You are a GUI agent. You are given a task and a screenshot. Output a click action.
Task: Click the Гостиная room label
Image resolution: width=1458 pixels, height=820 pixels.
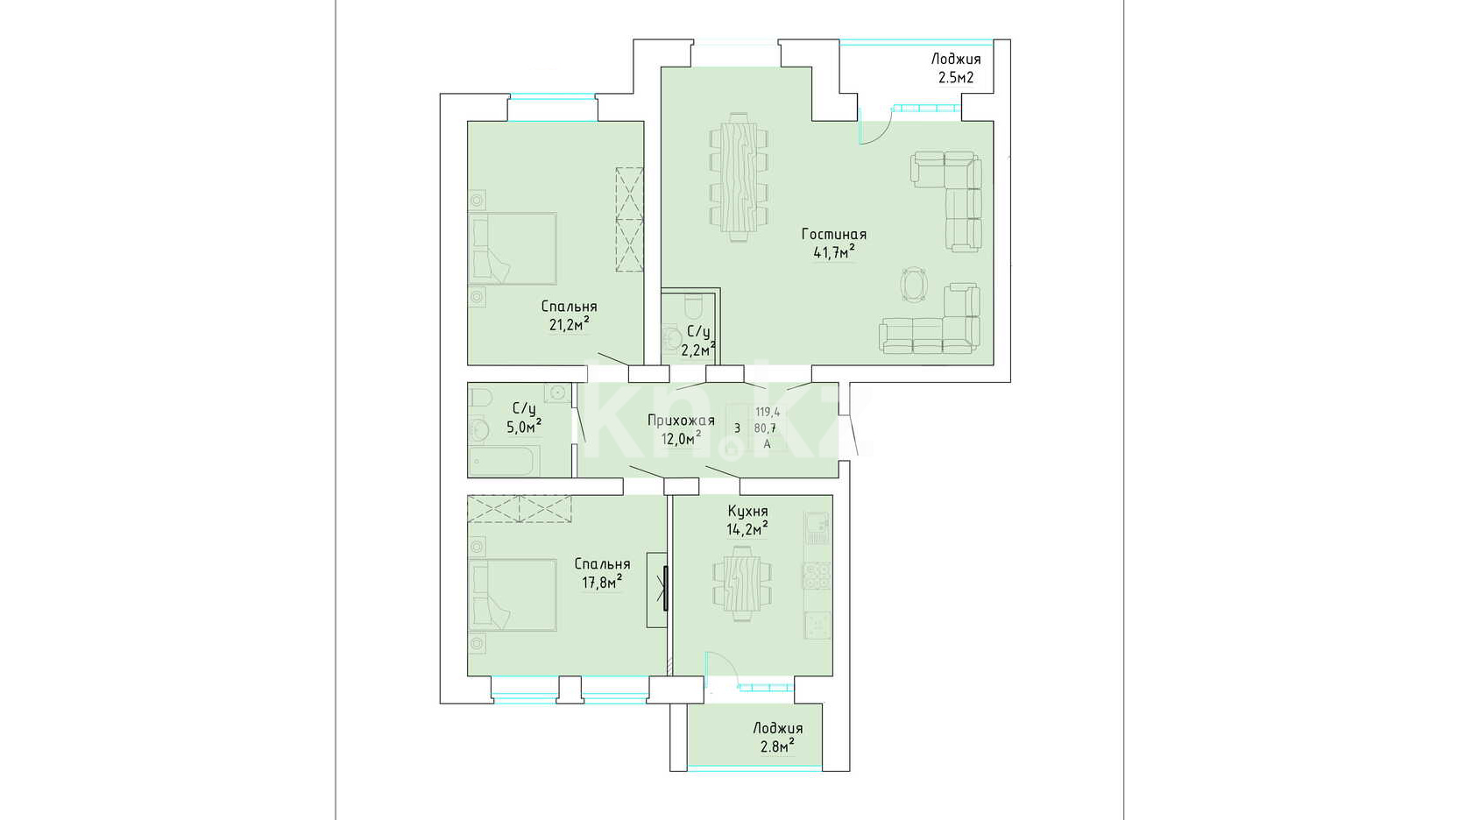[834, 234]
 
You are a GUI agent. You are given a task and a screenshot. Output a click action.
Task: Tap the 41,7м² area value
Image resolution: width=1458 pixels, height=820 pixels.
[834, 252]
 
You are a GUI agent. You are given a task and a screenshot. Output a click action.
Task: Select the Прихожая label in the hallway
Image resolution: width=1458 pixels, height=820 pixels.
[681, 421]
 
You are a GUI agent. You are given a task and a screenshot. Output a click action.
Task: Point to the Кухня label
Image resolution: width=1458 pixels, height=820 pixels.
[748, 512]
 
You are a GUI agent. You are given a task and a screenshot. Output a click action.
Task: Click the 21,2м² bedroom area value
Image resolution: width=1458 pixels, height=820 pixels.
[570, 324]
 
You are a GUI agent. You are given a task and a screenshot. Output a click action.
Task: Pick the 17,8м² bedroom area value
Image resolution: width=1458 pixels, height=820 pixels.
[602, 582]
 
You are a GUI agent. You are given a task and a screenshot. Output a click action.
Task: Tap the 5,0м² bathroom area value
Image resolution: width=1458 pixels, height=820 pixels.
[524, 427]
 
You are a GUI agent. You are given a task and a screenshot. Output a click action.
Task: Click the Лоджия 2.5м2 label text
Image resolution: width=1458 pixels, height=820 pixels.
[956, 68]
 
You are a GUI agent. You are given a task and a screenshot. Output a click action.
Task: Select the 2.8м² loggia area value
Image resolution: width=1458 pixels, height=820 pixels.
[777, 746]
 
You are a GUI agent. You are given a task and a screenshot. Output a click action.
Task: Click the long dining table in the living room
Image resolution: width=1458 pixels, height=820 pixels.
[738, 177]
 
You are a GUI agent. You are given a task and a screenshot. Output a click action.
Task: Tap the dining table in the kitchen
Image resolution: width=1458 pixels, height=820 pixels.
[742, 584]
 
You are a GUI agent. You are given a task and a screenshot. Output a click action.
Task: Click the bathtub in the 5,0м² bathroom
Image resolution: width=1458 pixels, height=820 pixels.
[504, 461]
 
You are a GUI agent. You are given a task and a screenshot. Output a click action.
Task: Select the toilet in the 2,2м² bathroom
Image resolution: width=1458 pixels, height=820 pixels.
[692, 305]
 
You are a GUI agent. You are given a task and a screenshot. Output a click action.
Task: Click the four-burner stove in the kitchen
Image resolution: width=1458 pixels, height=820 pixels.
[817, 576]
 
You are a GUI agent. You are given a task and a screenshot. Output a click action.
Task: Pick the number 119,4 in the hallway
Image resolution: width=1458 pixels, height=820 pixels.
[768, 412]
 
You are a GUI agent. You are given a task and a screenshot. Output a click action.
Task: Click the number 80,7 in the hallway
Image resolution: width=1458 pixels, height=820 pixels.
[767, 428]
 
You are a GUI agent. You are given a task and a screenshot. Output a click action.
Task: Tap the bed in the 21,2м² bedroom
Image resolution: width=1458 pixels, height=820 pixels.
[513, 248]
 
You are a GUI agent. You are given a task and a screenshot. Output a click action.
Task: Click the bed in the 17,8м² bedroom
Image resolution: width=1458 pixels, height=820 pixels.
[513, 595]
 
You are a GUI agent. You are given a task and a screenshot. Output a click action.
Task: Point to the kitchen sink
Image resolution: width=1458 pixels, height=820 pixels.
[817, 522]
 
